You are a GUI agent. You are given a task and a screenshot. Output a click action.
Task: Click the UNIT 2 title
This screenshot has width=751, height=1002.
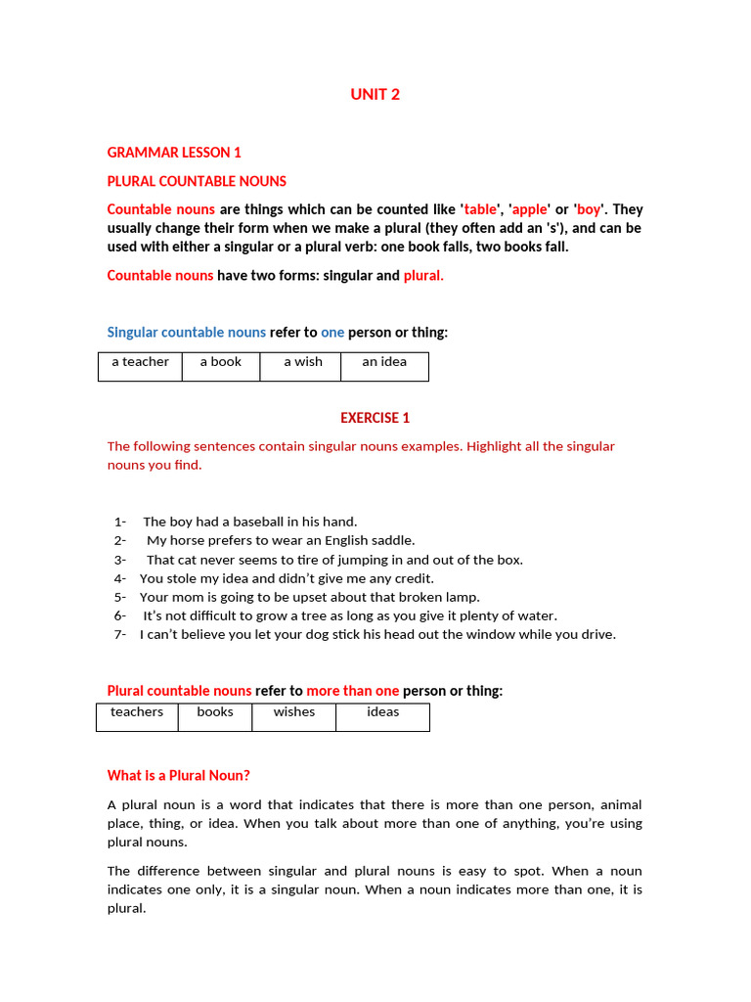(x=375, y=95)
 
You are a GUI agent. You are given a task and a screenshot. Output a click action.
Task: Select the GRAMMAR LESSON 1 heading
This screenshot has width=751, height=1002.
(x=174, y=153)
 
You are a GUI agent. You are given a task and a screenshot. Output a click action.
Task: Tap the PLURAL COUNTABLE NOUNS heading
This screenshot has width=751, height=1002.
(x=197, y=181)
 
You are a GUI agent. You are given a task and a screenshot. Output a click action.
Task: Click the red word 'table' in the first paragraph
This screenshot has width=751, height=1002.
(x=480, y=209)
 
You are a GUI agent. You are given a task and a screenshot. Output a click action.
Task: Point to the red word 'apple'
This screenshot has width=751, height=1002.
(x=530, y=209)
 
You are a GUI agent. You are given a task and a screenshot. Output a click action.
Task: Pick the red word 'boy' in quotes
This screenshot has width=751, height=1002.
(x=590, y=209)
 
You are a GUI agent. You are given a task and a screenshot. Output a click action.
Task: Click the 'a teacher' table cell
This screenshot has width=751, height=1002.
(x=140, y=362)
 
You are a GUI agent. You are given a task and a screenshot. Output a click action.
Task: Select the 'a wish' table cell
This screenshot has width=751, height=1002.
(x=303, y=362)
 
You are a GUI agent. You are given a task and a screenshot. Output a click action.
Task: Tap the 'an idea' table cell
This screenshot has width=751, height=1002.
(x=384, y=362)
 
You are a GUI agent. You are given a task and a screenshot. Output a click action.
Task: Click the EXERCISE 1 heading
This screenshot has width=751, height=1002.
(x=375, y=418)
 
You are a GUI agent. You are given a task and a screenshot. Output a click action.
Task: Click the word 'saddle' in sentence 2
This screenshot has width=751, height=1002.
(x=391, y=540)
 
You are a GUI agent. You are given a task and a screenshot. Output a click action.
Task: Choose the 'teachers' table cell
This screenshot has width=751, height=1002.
(x=137, y=712)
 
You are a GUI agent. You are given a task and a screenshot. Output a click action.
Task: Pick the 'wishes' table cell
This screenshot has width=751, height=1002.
(x=294, y=712)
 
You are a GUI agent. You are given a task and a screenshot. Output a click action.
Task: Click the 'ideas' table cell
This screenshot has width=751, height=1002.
(x=383, y=712)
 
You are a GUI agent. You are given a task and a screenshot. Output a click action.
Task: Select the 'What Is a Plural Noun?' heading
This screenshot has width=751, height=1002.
(x=179, y=776)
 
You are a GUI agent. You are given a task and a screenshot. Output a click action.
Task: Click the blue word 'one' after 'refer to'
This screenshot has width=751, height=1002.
(x=332, y=333)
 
